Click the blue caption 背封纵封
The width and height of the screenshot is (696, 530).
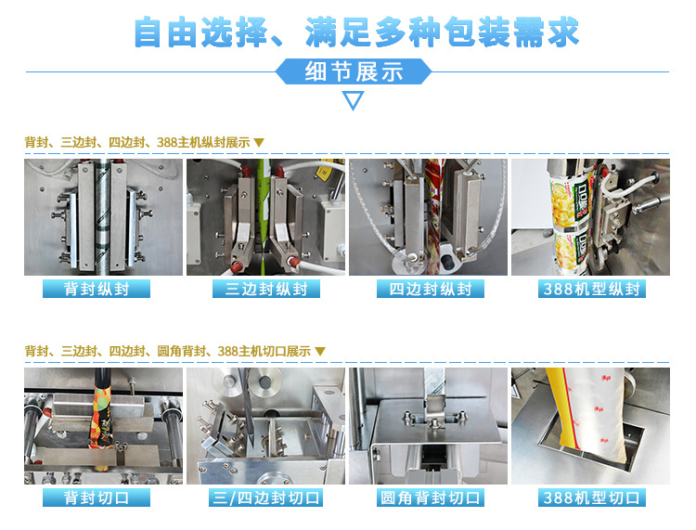pos(97,289)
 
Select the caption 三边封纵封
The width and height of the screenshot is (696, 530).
pos(266,289)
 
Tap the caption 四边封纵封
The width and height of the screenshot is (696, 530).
pos(430,289)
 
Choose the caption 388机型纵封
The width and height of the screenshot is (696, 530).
pos(592,289)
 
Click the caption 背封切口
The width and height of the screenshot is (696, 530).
pos(97,498)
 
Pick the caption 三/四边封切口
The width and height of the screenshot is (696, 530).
pos(266,498)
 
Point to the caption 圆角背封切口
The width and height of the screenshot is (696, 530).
pos(430,498)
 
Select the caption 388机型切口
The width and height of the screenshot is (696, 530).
pos(592,498)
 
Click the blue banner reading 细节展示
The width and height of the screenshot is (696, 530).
pos(354,71)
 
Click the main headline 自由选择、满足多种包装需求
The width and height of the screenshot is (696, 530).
pos(356,32)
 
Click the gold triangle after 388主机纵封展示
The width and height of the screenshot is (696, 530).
pos(259,143)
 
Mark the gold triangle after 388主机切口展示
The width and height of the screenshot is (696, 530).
pos(320,352)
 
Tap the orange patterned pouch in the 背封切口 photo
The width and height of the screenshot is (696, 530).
pos(102,418)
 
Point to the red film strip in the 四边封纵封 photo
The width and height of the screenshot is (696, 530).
pos(432,217)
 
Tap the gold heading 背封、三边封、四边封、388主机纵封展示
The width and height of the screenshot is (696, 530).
pos(137,143)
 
